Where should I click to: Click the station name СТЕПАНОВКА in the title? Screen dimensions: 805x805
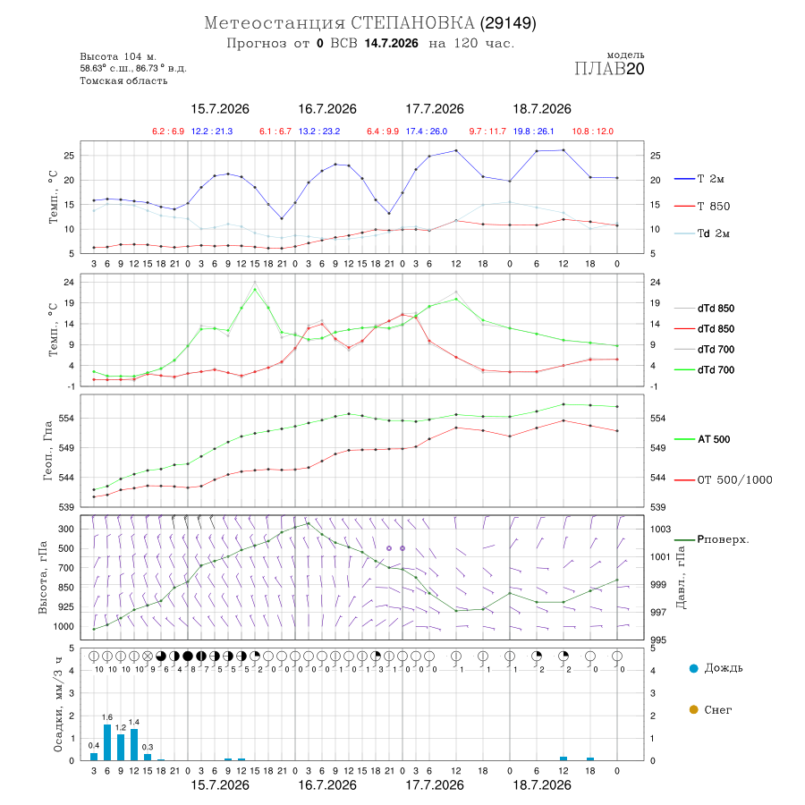tap(412, 23)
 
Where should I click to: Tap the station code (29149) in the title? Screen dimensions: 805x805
tap(508, 23)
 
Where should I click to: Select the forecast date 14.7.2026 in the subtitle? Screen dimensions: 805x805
tap(391, 44)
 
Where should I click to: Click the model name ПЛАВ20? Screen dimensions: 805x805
tap(609, 69)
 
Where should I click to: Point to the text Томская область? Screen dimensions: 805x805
tap(123, 80)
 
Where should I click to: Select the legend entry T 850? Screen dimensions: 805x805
tap(713, 207)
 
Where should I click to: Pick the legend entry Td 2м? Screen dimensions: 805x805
tap(713, 233)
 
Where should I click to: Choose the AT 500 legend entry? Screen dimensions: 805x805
tap(714, 439)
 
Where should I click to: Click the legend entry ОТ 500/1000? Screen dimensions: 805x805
tap(734, 480)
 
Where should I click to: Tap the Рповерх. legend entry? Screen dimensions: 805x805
tap(723, 539)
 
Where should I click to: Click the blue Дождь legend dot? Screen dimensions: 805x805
tap(693, 668)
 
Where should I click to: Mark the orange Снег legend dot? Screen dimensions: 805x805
tap(693, 709)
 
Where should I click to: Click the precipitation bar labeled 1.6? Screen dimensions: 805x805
tap(107, 742)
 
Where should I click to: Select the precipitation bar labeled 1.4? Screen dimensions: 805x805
tap(134, 744)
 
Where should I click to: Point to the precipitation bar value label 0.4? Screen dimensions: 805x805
tap(94, 745)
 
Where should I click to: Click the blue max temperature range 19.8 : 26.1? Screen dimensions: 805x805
tap(533, 131)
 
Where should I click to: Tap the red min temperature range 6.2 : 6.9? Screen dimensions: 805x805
tap(168, 131)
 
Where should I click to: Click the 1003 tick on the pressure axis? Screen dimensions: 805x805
tap(661, 530)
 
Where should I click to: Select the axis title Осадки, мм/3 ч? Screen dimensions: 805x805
tap(58, 705)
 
